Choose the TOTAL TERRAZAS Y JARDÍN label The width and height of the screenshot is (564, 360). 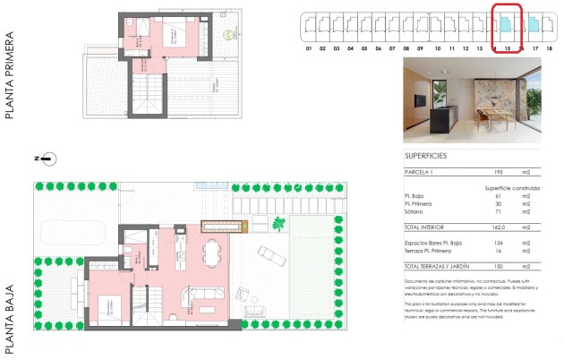tap(435, 267)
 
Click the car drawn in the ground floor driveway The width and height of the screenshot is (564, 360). tap(270, 259)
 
